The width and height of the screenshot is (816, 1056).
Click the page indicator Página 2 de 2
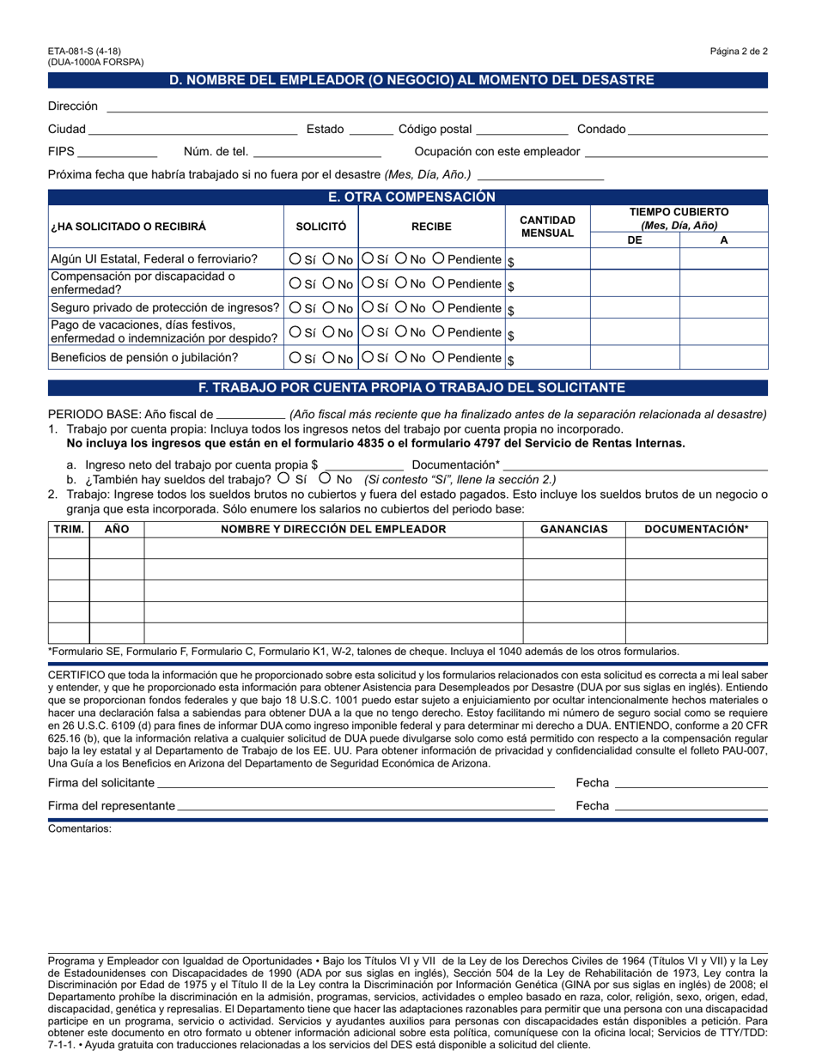tap(739, 52)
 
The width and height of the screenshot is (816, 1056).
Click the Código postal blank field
tap(521, 130)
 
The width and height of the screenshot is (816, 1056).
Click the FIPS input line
tap(118, 152)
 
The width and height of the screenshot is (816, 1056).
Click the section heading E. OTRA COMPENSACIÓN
tap(408, 197)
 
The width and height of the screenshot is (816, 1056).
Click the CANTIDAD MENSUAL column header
tap(547, 227)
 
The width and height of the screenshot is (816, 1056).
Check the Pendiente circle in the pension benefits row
tap(438, 357)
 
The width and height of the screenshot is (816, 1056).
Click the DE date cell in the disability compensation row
tap(635, 282)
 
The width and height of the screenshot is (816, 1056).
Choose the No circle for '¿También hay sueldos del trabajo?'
tap(326, 478)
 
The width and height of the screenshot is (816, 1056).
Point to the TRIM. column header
tap(69, 529)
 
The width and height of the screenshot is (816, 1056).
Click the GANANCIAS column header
tap(574, 529)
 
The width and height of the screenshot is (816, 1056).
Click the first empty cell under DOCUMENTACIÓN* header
tap(696, 549)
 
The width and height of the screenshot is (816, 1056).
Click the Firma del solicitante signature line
tap(356, 782)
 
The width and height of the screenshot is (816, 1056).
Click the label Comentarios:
tap(80, 829)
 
